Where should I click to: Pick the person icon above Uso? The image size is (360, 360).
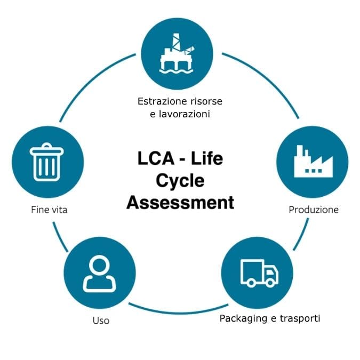99,273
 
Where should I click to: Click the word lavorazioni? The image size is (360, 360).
185,114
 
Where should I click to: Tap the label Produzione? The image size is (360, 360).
313,210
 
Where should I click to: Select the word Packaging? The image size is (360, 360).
243,318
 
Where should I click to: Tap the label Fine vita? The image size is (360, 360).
49,210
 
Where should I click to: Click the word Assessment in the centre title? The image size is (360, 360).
180,202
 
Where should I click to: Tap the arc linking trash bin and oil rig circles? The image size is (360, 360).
91,80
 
